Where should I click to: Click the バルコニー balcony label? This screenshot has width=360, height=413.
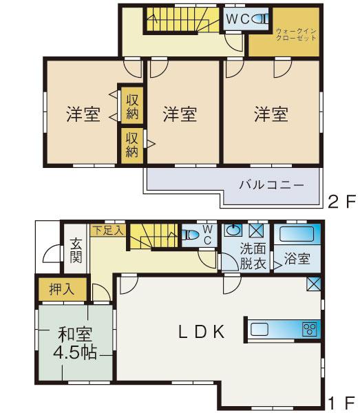[x=271, y=185]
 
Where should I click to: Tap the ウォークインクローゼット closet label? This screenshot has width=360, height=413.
[x=296, y=35]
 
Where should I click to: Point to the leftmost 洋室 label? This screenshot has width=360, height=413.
[x=83, y=114]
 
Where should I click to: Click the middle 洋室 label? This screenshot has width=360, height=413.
[x=180, y=114]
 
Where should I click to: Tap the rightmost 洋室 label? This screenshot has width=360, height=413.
[x=270, y=114]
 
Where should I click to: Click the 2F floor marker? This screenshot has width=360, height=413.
[x=341, y=202]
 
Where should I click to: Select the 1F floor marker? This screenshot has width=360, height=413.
[x=341, y=402]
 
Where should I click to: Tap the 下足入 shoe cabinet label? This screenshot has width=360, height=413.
[x=107, y=231]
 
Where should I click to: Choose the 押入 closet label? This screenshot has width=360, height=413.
[x=61, y=290]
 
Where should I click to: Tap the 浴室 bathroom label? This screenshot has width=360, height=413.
[x=297, y=259]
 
